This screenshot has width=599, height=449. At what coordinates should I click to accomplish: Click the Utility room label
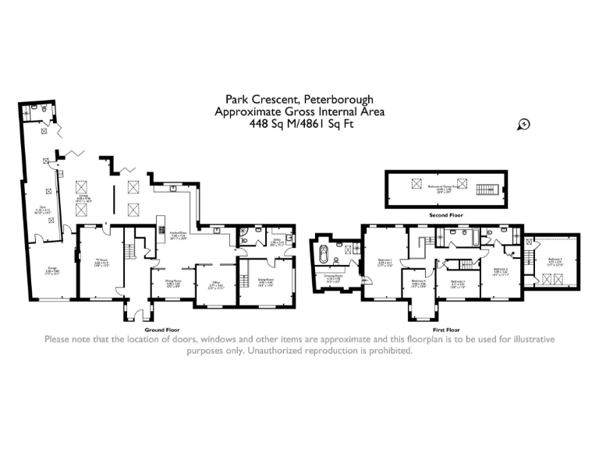(276, 242)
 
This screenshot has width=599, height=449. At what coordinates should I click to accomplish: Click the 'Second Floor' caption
(445, 214)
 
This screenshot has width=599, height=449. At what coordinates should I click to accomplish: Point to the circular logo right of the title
(523, 123)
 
